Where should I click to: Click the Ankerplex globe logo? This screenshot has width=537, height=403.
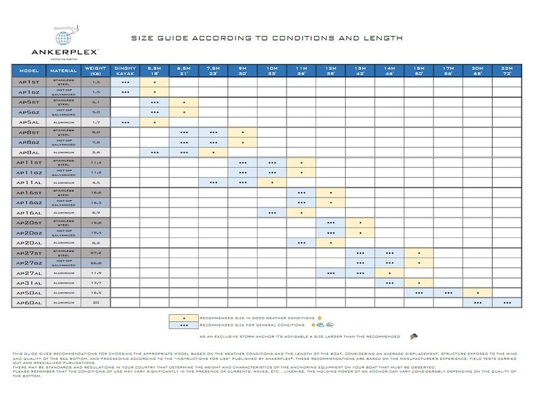pyautogui.click(x=65, y=38)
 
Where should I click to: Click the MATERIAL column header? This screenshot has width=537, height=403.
pyautogui.click(x=63, y=70)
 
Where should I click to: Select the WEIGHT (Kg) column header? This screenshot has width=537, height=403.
pyautogui.click(x=96, y=70)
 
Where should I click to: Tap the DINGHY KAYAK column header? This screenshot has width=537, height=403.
pyautogui.click(x=125, y=70)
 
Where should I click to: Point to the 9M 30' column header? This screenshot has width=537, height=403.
pyautogui.click(x=242, y=70)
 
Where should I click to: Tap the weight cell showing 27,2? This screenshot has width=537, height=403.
pyautogui.click(x=96, y=253)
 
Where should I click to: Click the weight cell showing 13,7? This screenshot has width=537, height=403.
pyautogui.click(x=96, y=283)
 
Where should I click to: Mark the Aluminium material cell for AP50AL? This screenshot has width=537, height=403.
pyautogui.click(x=63, y=294)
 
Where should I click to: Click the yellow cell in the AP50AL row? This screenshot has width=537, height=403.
pyautogui.click(x=478, y=294)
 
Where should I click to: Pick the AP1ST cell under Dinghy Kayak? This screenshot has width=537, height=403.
pyautogui.click(x=125, y=82)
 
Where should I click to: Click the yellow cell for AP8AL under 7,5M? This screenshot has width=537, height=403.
pyautogui.click(x=213, y=152)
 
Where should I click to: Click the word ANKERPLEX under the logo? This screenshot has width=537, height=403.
pyautogui.click(x=65, y=52)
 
